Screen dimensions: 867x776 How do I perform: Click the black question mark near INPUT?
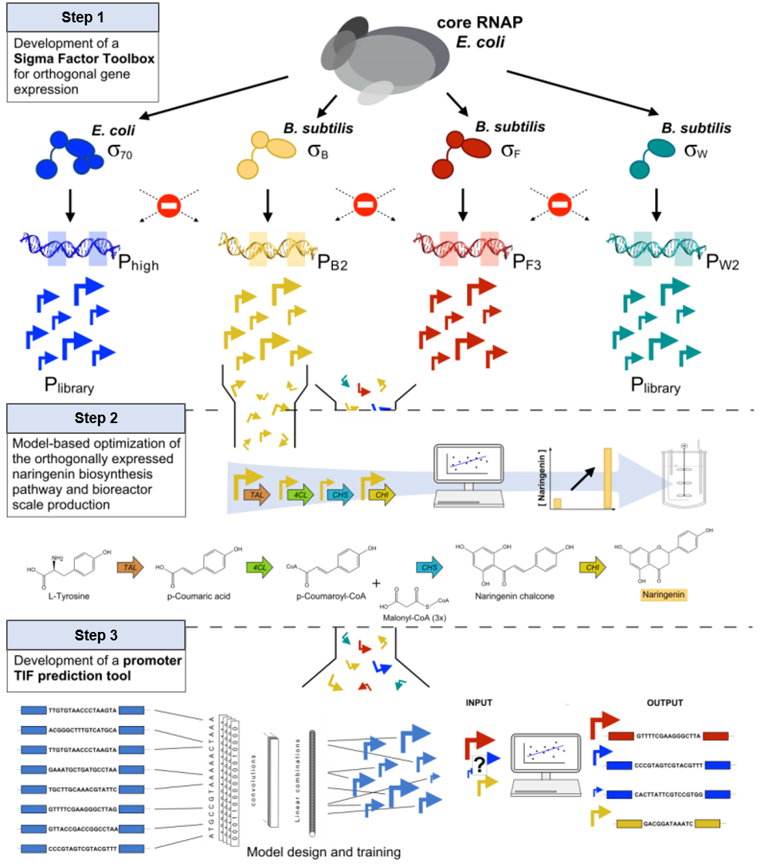coord(478,765)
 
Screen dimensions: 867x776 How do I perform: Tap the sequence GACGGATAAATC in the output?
coord(668,823)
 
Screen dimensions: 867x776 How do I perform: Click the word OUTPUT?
coord(664,702)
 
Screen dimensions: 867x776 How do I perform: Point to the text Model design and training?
coord(324,852)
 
